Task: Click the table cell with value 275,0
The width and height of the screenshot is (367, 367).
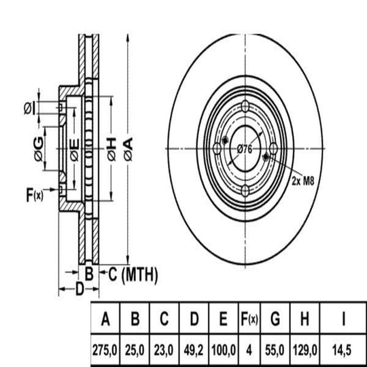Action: pos(105,351)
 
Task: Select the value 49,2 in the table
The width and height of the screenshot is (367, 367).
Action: pos(193,351)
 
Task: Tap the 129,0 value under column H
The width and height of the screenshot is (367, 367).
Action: pos(305,351)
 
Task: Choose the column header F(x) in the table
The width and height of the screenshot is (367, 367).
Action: pos(249,319)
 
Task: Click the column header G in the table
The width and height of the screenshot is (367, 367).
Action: pos(275,319)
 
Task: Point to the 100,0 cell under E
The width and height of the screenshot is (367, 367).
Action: pos(224,351)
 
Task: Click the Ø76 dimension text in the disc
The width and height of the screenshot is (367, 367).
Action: pos(245,149)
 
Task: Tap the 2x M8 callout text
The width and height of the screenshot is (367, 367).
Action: pos(302,181)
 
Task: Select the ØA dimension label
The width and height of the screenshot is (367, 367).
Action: pos(128,150)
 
